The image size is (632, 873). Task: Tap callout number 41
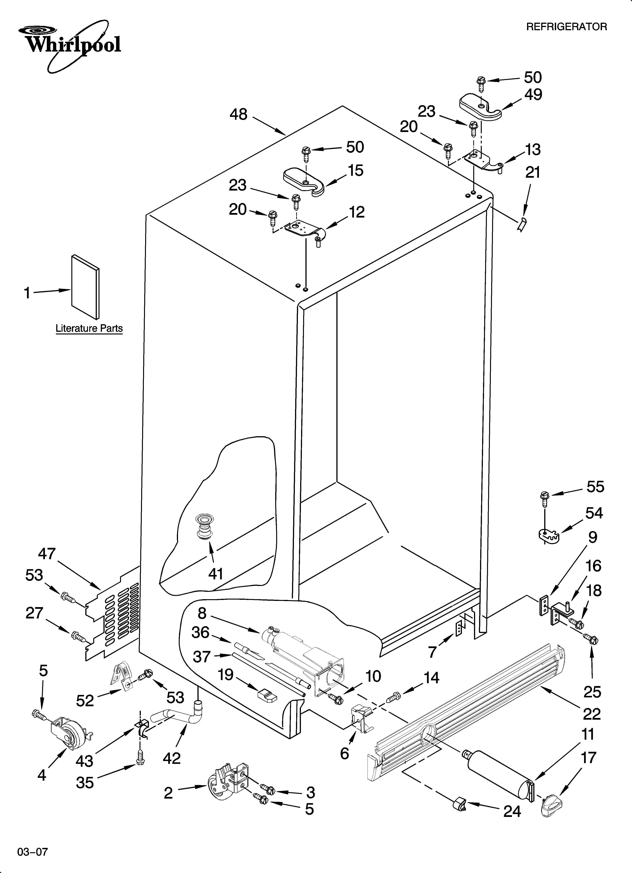[216, 574]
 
